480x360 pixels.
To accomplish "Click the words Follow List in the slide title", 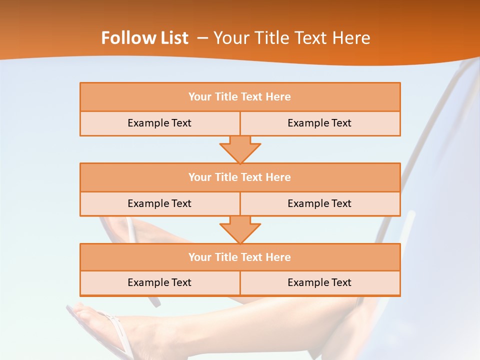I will tap(145, 38).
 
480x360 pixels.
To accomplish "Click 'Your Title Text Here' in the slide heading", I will tap(292, 38).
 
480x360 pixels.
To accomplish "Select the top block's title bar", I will tap(240, 97).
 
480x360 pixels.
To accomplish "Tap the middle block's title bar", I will tap(240, 177).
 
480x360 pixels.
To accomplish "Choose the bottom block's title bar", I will tap(240, 257).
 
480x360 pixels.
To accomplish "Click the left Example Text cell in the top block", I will tap(159, 123).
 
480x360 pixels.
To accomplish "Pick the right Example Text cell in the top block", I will tap(319, 123).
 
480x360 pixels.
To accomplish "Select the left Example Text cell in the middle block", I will tap(159, 203).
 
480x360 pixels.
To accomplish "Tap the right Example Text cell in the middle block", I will tap(319, 203).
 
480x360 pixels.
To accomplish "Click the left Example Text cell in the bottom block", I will tap(159, 282).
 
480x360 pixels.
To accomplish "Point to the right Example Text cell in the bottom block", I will tap(319, 282).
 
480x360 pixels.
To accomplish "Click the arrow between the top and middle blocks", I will tap(240, 149).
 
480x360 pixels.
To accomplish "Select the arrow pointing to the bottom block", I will tap(240, 229).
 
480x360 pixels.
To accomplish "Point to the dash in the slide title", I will tap(202, 38).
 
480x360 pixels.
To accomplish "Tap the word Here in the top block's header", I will tap(278, 97).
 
